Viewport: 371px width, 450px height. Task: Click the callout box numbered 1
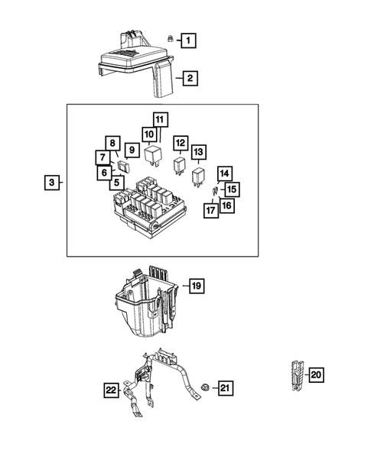pos(187,38)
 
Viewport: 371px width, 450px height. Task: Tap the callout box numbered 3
pos(50,183)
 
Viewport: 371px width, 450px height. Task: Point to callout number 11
pos(159,120)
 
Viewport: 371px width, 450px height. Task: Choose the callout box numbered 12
pos(180,143)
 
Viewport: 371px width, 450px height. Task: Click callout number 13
pos(199,151)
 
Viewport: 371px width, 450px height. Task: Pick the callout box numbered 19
pos(195,287)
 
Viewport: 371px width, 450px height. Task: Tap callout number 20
pos(316,374)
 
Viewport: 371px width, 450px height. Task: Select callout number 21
pos(224,389)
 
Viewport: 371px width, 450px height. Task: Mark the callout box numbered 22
pos(112,390)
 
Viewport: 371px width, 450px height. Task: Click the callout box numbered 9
pos(131,150)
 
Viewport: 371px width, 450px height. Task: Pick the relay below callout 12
pos(180,167)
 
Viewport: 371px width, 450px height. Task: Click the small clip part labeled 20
pos(295,375)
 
